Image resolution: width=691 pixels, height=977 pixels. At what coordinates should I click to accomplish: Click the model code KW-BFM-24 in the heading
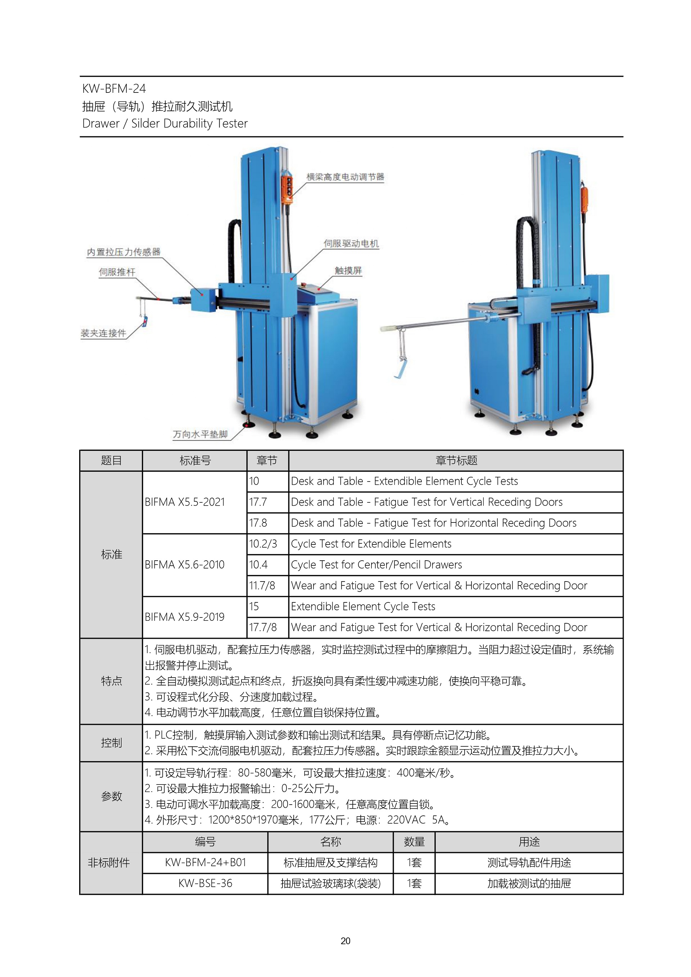click(x=114, y=89)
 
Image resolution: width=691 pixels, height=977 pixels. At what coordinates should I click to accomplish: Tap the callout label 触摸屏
click(x=348, y=271)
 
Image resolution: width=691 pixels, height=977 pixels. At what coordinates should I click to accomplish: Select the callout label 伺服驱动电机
click(x=351, y=243)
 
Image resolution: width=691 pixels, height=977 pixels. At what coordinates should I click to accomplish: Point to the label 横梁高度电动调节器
click(x=345, y=177)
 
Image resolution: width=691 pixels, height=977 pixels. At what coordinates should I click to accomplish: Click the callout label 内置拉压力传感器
click(x=123, y=252)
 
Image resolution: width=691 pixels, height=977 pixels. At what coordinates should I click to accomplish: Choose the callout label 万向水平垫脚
click(x=200, y=434)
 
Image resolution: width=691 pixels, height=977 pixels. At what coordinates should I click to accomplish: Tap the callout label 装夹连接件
click(x=103, y=333)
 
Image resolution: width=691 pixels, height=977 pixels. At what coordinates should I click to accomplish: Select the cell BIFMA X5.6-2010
click(x=185, y=565)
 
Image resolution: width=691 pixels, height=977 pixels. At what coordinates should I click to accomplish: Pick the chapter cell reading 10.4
click(x=258, y=565)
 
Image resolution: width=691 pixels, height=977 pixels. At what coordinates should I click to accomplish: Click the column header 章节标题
click(x=456, y=460)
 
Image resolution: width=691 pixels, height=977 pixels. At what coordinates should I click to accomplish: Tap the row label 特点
click(x=112, y=681)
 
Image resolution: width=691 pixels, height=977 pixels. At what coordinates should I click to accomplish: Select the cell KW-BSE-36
click(x=205, y=883)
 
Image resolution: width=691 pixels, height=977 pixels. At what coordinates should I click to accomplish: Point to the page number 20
click(x=345, y=941)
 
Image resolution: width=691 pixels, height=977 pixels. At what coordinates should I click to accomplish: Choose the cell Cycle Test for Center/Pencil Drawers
click(x=376, y=565)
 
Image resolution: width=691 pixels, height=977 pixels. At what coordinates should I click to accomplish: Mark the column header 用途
click(x=529, y=842)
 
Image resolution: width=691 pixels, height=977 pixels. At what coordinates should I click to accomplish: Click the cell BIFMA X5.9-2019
click(x=185, y=617)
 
